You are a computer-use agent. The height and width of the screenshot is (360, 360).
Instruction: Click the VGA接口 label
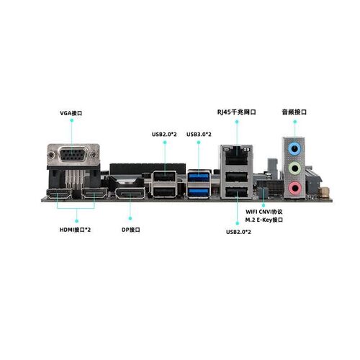[x=71, y=114]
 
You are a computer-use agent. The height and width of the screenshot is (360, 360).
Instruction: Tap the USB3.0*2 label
[x=199, y=134]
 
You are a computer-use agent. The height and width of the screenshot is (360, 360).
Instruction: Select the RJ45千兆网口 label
[x=237, y=112]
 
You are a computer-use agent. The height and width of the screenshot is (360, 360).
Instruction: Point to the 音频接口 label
[x=294, y=112]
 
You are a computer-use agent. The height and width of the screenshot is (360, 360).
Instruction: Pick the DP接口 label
[x=130, y=230]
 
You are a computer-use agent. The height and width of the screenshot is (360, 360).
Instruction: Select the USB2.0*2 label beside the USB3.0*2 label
[x=165, y=134]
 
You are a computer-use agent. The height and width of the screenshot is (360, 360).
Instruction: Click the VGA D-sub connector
[x=72, y=156]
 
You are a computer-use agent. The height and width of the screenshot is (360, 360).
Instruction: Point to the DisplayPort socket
[x=130, y=194]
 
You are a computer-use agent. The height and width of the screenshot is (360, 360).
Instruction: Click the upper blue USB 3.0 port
[x=199, y=178]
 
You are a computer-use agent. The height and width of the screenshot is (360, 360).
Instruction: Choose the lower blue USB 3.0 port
[x=199, y=192]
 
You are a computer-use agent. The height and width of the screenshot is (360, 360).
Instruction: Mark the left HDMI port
[x=60, y=195]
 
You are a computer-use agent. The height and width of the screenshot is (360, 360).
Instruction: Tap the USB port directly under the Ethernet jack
[x=235, y=177]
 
